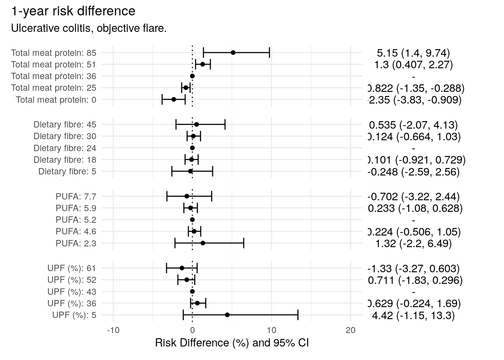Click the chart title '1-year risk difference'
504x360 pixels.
[x=73, y=11]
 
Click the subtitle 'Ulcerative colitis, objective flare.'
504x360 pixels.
[x=89, y=28]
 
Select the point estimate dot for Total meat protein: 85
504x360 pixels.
[x=233, y=52]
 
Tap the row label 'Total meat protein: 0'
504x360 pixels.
[x=56, y=100]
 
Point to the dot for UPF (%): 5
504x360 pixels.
[x=227, y=315]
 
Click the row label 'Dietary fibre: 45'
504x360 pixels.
[x=65, y=124]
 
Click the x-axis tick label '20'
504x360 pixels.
[x=350, y=330]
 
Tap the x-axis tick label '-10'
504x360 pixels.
[x=113, y=330]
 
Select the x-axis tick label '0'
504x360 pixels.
[x=192, y=330]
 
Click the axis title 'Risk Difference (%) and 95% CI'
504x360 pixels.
[x=232, y=343]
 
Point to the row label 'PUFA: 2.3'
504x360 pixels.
[x=76, y=243]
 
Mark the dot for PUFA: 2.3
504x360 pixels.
[x=203, y=243]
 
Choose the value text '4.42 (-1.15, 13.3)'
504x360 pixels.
[x=413, y=315]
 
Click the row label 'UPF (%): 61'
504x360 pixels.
[x=72, y=268]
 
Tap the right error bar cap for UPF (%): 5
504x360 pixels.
[x=298, y=315]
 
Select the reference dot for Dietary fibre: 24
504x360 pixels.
[x=192, y=148]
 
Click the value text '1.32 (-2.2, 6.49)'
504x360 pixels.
[x=413, y=243]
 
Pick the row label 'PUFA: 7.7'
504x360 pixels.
[x=76, y=196]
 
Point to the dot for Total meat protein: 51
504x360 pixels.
[x=202, y=64]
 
